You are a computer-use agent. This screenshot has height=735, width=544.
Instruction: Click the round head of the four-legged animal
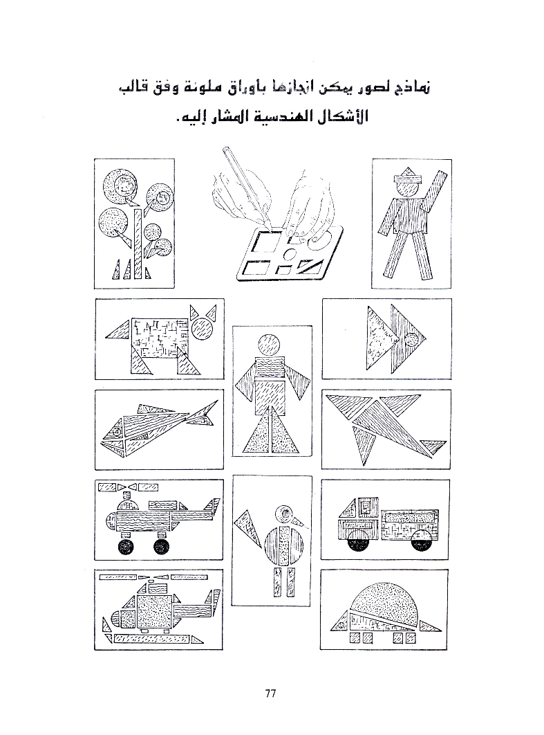205,330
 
